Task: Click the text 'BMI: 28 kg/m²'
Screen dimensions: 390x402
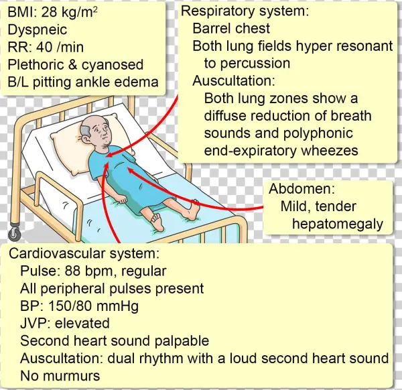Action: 52,12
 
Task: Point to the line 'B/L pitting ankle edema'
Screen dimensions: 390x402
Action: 82,82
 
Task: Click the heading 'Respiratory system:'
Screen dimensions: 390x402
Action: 245,11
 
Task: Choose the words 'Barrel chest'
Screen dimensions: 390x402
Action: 231,29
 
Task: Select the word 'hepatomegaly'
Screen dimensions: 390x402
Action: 337,224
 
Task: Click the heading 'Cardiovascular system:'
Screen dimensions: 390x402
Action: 84,255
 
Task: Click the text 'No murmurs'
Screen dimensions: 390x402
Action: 60,376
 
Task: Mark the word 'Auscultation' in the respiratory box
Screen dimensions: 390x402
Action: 234,81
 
